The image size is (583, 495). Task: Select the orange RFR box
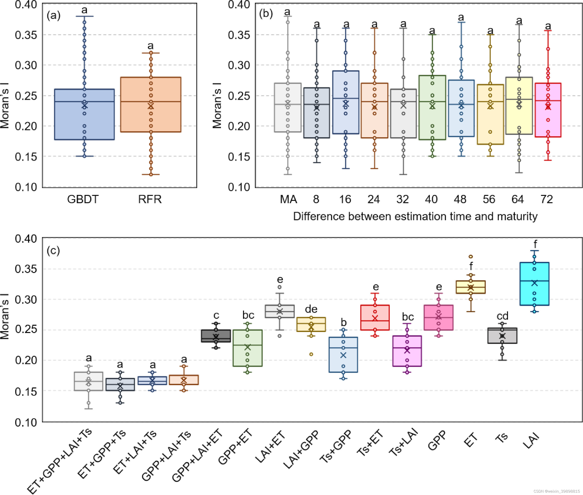pyautogui.click(x=166, y=118)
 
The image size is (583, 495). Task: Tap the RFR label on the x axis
pyautogui.click(x=150, y=199)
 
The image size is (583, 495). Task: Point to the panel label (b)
pyautogui.click(x=266, y=14)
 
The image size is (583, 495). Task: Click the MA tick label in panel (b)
pyautogui.click(x=288, y=199)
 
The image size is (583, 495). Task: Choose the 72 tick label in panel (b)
pyautogui.click(x=546, y=199)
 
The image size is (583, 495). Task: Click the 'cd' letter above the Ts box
pyautogui.click(x=502, y=316)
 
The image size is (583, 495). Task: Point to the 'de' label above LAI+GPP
pyautogui.click(x=311, y=309)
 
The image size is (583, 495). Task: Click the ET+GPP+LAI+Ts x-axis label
pyautogui.click(x=60, y=460)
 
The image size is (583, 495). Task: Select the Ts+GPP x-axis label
pyautogui.click(x=336, y=446)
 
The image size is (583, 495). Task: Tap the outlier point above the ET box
pyautogui.click(x=471, y=256)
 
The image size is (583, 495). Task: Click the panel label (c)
pyautogui.click(x=53, y=250)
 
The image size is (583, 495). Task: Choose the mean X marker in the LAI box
pyautogui.click(x=534, y=283)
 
